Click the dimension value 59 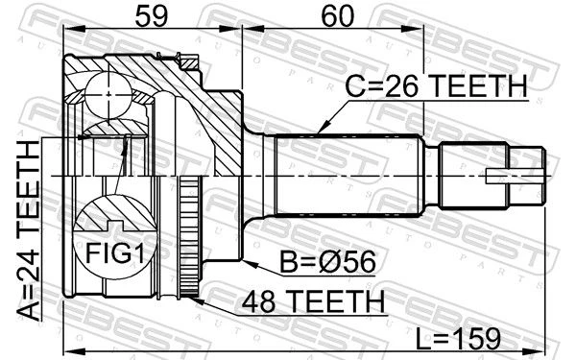[x=152, y=16]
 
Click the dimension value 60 [x=338, y=16]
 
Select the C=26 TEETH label [x=437, y=85]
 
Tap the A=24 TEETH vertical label [x=28, y=230]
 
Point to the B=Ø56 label [x=328, y=261]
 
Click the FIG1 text [x=115, y=253]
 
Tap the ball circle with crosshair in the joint [x=108, y=94]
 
